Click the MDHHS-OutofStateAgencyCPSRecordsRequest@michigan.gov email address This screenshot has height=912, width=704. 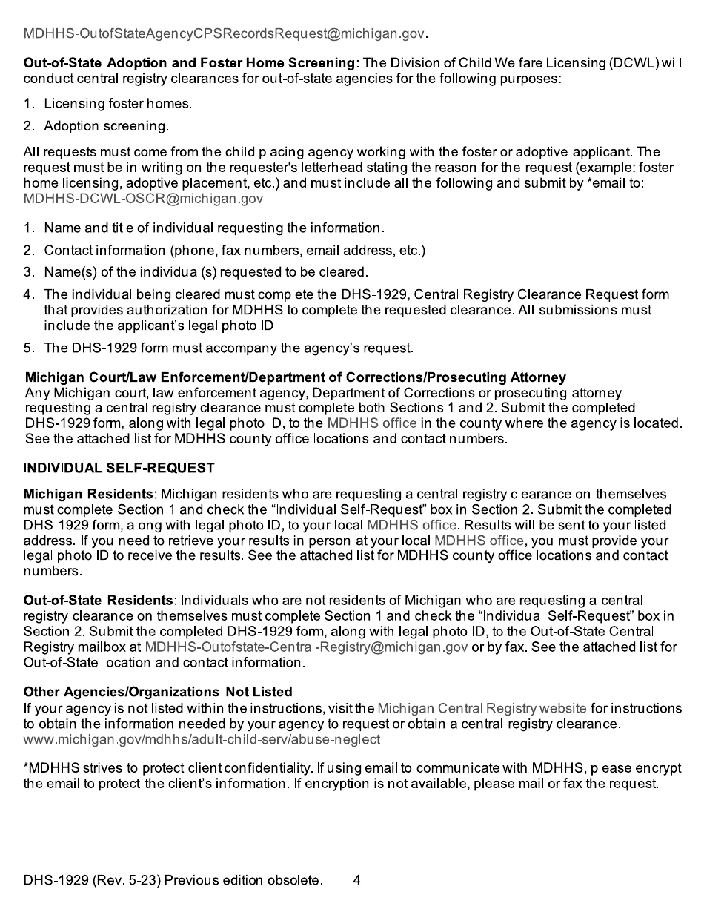pos(226,34)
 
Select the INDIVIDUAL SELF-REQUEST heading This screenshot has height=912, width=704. pos(119,468)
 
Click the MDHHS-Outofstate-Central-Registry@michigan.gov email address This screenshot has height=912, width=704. pos(306,647)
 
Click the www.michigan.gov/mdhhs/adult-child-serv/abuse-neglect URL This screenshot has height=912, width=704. pos(202,739)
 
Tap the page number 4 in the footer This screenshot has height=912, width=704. pos(357,881)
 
